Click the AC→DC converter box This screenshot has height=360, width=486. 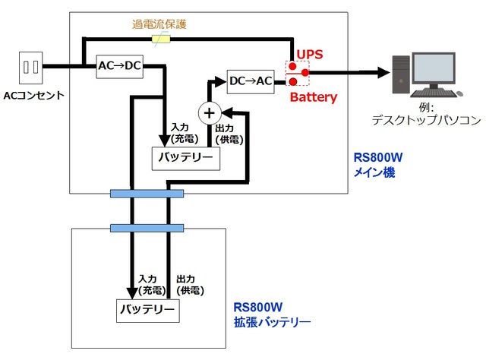120,65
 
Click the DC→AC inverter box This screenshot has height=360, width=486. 251,81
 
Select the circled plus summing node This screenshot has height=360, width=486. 208,112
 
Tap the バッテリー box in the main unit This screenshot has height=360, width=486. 186,158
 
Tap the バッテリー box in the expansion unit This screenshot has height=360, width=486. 147,310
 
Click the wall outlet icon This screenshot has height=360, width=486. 31,67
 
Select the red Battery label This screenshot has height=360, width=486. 313,97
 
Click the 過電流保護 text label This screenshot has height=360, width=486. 159,24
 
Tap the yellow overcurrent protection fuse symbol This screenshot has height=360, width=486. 161,39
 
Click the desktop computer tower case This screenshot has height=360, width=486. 401,74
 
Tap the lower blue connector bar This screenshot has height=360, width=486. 147,228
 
